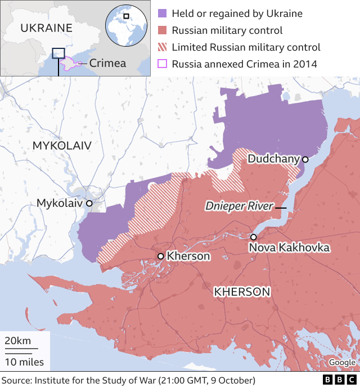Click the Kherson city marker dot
click(x=161, y=256)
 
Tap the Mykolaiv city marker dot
click(x=89, y=202)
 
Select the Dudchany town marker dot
click(x=305, y=159)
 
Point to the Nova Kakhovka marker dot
click(x=254, y=237)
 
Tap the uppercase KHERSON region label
click(x=242, y=291)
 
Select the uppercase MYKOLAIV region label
click(x=61, y=146)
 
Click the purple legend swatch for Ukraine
click(x=162, y=13)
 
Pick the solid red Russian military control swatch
click(x=162, y=30)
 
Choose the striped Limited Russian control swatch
click(x=162, y=47)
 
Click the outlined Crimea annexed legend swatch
click(x=162, y=64)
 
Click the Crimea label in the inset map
click(x=107, y=63)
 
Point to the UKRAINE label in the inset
click(x=46, y=28)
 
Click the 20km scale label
click(x=18, y=341)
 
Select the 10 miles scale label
click(x=24, y=362)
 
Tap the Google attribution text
click(x=342, y=363)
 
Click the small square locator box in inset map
click(x=58, y=53)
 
